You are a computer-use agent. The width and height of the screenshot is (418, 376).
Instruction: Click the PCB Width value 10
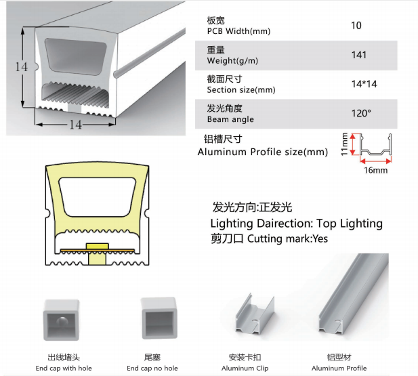[356, 26]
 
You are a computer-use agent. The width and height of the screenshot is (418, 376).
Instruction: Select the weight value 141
[359, 55]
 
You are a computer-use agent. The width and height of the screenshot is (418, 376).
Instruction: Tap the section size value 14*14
[361, 84]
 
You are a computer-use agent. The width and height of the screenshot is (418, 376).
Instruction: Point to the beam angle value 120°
[361, 113]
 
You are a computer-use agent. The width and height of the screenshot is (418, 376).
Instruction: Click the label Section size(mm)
[241, 89]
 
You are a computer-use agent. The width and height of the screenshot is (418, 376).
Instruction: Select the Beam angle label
[230, 119]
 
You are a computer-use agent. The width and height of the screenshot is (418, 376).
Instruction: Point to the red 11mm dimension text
[344, 144]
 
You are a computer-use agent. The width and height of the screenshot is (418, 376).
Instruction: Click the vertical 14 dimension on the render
[22, 67]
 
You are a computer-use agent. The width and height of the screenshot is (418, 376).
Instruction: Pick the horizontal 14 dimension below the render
[75, 125]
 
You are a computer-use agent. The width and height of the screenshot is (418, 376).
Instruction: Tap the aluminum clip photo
[249, 318]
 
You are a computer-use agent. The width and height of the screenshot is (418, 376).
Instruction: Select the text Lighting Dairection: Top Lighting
[296, 223]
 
